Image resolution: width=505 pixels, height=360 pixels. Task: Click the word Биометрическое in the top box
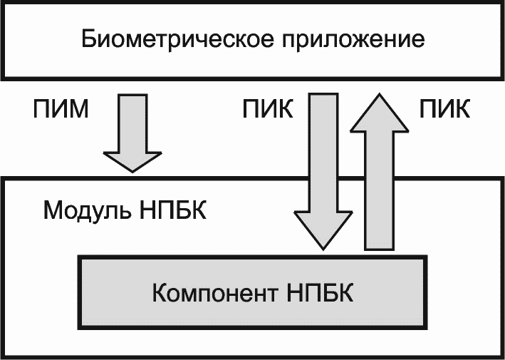point(178,39)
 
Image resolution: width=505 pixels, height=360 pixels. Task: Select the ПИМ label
point(61,109)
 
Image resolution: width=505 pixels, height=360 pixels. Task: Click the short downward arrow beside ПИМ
point(132,133)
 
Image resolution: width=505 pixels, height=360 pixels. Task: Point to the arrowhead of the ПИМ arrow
point(132,162)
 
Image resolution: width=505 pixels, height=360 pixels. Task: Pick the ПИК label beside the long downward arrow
point(268,109)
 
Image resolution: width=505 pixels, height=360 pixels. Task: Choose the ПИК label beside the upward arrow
point(444,109)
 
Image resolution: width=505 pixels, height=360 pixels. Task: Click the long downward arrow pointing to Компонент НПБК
point(323,171)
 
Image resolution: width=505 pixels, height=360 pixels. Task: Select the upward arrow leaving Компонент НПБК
point(380,172)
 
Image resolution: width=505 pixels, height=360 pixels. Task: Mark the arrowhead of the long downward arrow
point(323,230)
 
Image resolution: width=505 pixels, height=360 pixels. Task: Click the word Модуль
point(88,210)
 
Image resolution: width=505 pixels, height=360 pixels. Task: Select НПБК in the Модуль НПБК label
point(173,210)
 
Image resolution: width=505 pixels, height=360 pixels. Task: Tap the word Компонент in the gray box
point(215,293)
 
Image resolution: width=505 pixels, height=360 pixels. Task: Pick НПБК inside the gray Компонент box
point(320,292)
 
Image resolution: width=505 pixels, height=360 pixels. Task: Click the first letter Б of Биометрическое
point(89,38)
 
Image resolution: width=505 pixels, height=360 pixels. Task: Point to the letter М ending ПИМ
point(78,109)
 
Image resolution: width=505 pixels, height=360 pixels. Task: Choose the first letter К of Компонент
point(160,293)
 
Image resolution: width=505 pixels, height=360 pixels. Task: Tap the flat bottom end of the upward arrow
point(380,249)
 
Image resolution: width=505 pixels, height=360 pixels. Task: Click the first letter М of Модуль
point(53,210)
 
